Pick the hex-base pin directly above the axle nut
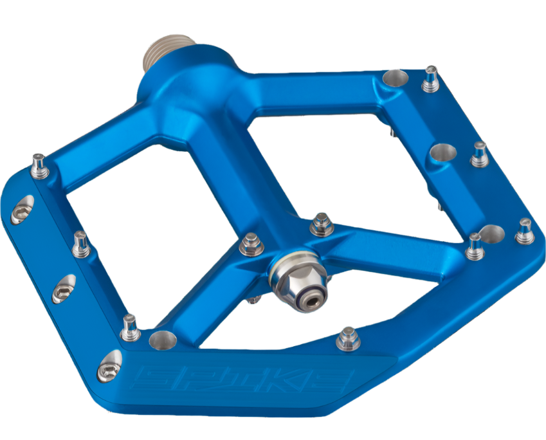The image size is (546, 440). (320, 225)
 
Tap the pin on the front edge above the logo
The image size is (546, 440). (347, 338)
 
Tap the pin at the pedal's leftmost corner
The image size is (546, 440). (39, 165)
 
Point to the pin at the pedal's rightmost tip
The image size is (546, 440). (525, 230)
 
